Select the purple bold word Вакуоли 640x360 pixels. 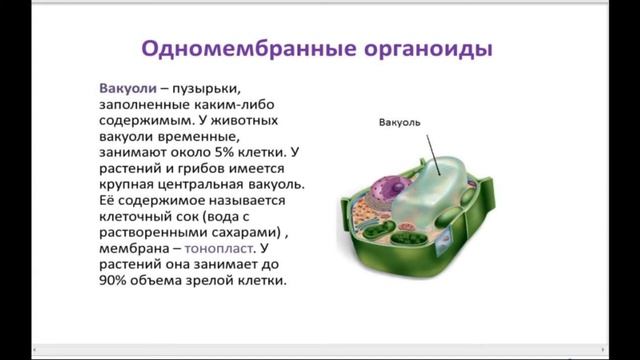click(125, 87)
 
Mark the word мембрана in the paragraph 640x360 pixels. click(140, 247)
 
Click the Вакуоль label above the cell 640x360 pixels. click(400, 124)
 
